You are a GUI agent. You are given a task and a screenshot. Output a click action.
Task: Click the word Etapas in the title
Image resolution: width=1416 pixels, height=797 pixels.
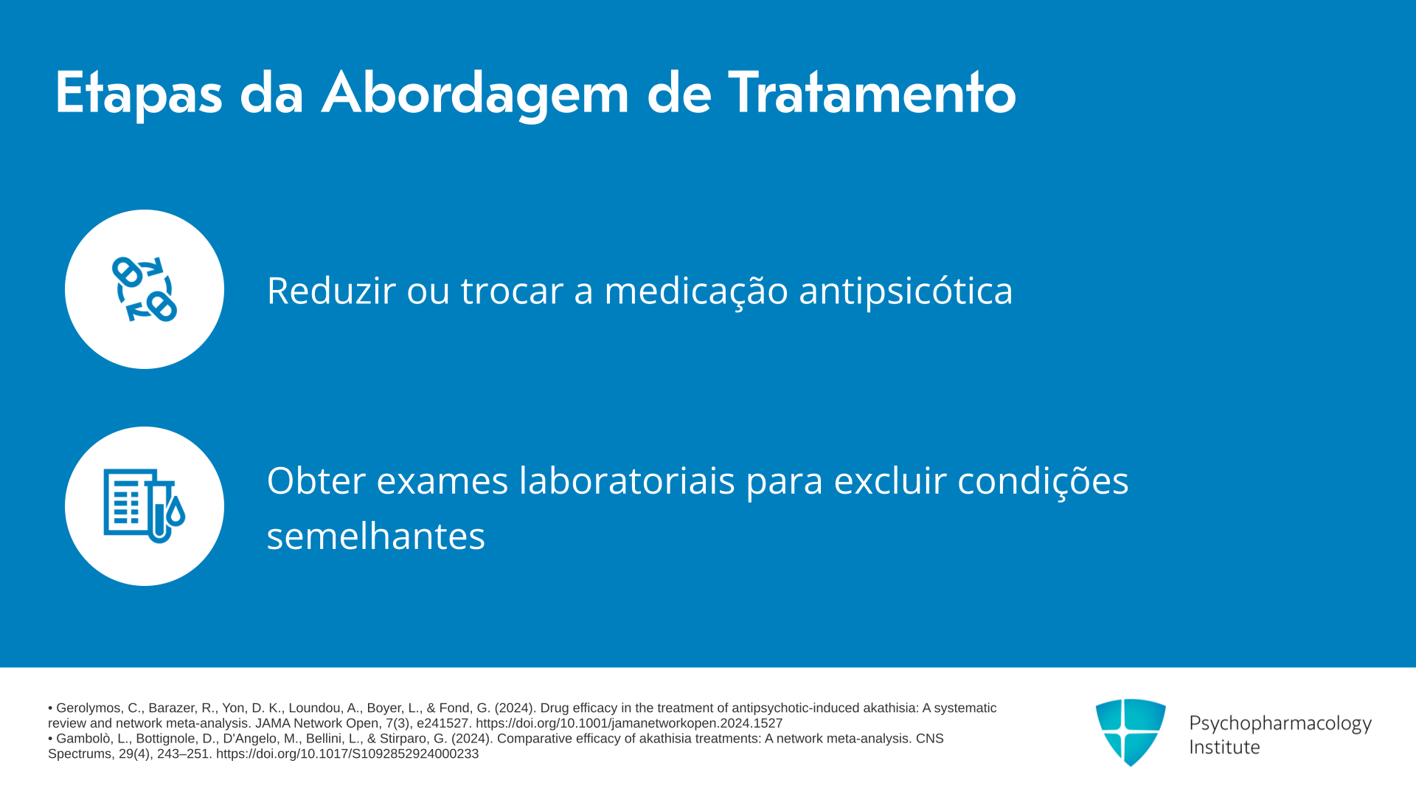(x=139, y=94)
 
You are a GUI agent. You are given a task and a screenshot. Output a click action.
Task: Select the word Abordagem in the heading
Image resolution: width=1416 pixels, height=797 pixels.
(x=475, y=94)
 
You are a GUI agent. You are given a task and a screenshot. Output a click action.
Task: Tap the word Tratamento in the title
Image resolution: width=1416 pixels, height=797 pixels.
(x=872, y=92)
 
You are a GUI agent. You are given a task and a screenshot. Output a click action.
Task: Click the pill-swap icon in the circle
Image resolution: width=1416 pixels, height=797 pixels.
(x=145, y=289)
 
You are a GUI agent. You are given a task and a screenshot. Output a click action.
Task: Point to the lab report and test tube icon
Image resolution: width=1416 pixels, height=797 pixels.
(x=145, y=506)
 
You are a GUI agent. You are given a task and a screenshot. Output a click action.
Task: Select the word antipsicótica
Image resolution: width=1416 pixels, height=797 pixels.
(x=906, y=291)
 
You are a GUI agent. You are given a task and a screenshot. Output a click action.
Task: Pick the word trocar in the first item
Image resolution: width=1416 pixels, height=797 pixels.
(x=512, y=291)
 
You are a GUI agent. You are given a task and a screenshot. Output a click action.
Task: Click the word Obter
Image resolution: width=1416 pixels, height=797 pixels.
(x=316, y=480)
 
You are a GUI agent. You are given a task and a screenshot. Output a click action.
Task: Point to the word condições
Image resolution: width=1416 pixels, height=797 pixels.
(x=1043, y=482)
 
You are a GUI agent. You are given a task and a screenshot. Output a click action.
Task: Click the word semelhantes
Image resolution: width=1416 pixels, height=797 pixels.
(x=376, y=535)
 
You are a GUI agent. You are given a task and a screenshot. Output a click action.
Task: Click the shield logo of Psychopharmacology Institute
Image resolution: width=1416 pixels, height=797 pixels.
(x=1131, y=732)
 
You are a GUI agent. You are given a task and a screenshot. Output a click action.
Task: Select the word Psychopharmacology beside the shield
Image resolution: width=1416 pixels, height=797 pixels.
(x=1280, y=724)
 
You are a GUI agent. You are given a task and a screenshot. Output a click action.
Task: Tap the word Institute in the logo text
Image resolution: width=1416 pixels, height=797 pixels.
(x=1224, y=747)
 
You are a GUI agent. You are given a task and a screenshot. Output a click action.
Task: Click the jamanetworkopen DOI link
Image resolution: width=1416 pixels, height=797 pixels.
(x=629, y=723)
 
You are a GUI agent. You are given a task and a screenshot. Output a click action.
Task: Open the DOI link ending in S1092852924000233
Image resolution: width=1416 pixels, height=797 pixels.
(x=347, y=753)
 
